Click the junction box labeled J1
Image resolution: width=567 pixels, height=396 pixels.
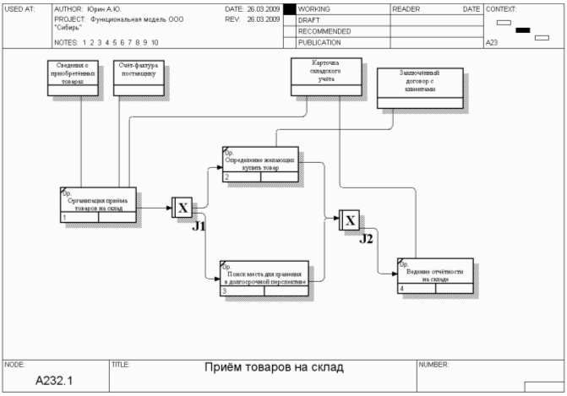[x=183, y=207]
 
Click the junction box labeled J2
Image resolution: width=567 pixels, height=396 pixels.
[x=350, y=220]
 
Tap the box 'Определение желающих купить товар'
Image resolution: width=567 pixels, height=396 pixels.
[x=260, y=163]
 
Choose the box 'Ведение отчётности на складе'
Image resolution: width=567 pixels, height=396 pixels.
[x=434, y=275]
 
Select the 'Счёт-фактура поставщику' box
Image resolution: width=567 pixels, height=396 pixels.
[x=138, y=78]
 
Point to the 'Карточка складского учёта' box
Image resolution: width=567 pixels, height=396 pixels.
[x=325, y=77]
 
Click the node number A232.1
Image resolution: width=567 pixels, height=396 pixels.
[x=54, y=380]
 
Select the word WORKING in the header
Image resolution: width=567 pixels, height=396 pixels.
[x=314, y=8]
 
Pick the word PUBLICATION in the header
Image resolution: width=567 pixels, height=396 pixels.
[x=320, y=41]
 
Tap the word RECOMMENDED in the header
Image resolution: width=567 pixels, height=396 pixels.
[x=324, y=30]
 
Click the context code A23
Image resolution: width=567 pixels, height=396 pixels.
[x=492, y=41]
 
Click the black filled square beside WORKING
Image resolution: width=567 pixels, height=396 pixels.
[x=289, y=9]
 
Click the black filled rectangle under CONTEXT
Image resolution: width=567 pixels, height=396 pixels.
[x=522, y=30]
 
